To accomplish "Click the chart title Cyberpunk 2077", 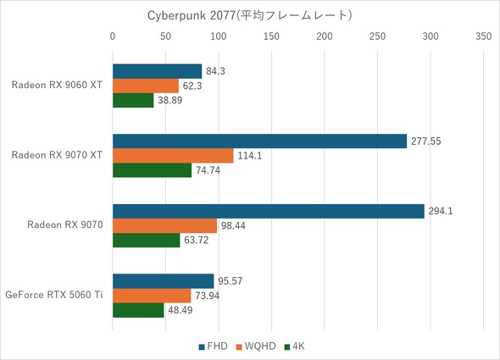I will (249, 15).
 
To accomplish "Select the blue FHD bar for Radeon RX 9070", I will (268, 212).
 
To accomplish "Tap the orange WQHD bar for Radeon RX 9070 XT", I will (173, 156).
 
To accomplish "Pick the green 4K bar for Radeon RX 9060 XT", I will (133, 100).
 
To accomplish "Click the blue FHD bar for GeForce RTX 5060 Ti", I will (163, 281).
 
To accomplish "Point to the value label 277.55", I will (428, 141).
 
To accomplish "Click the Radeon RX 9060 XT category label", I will (58, 86).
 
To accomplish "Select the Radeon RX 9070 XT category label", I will (58, 156).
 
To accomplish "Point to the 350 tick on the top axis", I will (483, 37).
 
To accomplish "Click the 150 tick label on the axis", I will (271, 37).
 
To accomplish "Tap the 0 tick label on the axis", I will (113, 37).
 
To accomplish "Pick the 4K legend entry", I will (297, 346).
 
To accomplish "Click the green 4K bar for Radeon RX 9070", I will (147, 240).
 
